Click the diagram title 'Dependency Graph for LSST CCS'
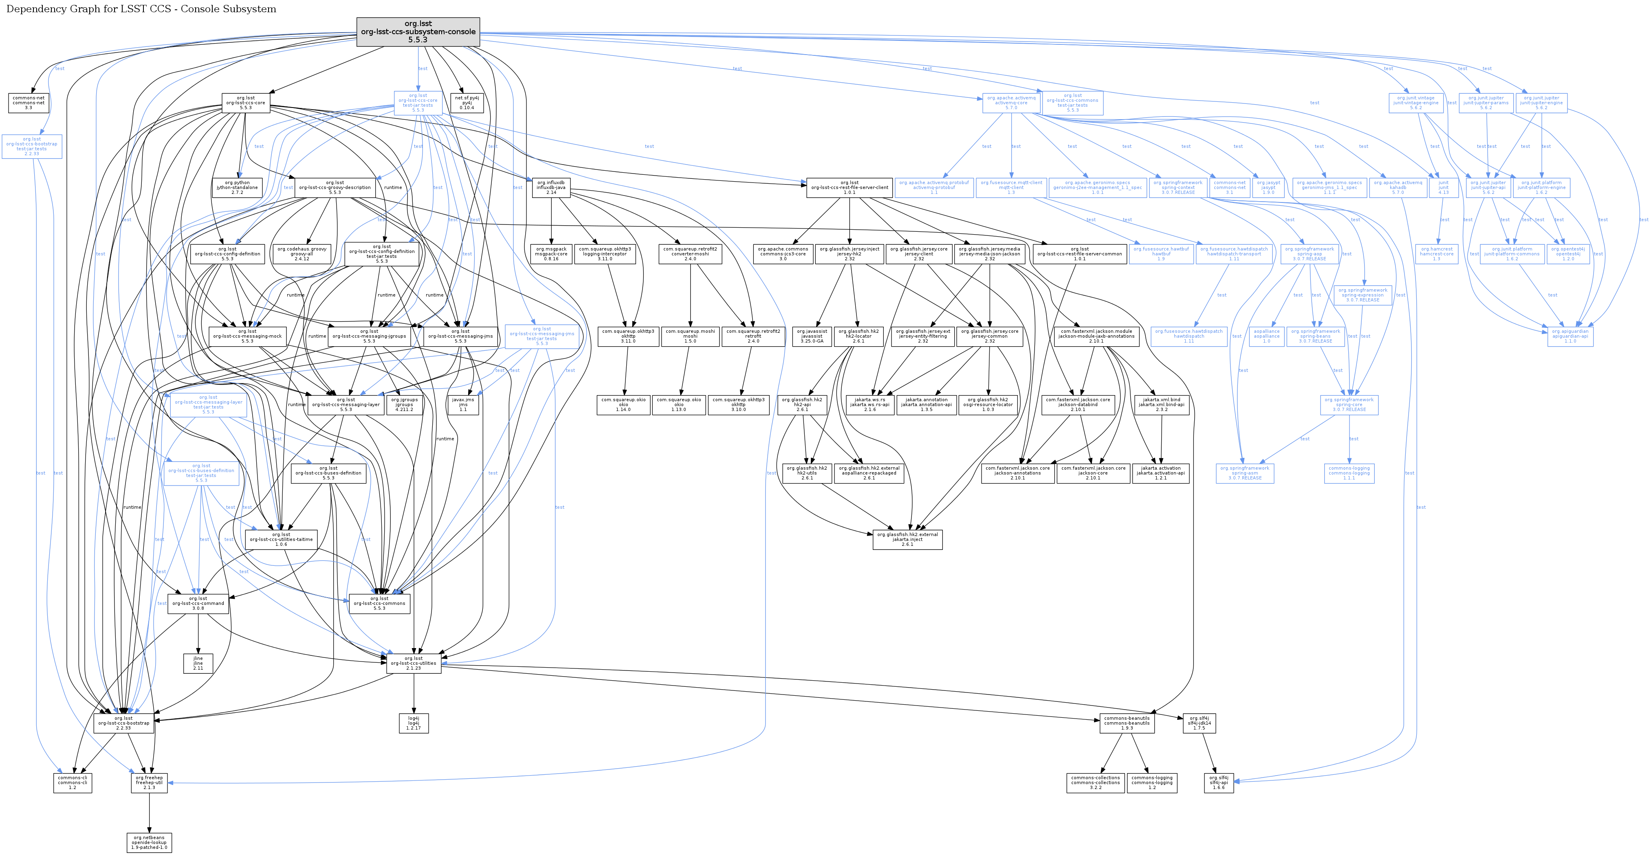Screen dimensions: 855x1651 (x=141, y=9)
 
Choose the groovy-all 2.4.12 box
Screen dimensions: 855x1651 (x=302, y=254)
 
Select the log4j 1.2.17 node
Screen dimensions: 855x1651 (x=414, y=723)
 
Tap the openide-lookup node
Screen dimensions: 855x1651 (x=150, y=842)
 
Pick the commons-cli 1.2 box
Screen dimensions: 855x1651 (x=73, y=782)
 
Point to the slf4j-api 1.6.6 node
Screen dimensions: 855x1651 (x=1218, y=782)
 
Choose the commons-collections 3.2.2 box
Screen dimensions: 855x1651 (x=1095, y=782)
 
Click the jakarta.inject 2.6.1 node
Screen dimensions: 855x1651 (x=907, y=540)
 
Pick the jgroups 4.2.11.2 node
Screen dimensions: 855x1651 (x=405, y=405)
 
